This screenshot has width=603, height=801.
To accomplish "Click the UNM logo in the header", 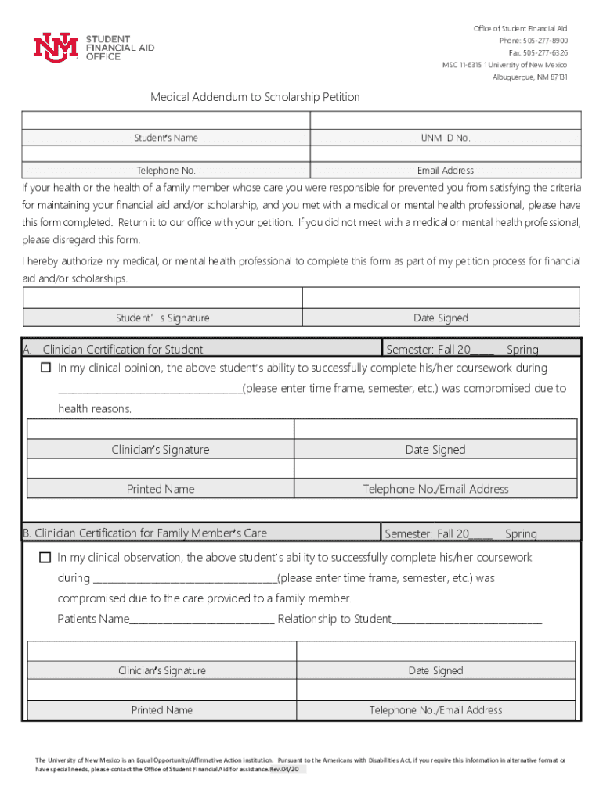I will (56, 47).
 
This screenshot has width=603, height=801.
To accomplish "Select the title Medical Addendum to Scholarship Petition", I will (255, 97).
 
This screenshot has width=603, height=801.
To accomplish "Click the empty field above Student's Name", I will (166, 120).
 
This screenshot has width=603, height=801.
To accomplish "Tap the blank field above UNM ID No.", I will (446, 120).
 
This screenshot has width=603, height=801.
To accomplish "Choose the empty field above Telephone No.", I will (166, 153).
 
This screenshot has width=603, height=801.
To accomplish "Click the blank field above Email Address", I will (446, 153).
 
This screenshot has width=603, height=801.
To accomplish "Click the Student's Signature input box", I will (163, 298).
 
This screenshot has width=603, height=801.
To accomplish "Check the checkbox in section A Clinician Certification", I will (45, 368).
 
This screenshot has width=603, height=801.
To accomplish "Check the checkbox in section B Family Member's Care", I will (45, 558).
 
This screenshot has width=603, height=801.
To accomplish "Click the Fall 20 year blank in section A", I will (482, 350).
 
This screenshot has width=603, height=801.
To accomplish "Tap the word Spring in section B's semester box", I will (521, 534).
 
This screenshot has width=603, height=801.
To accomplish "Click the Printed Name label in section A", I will (161, 489).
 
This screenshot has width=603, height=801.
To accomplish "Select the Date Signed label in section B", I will (435, 670).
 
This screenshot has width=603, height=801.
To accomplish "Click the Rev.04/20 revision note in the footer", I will (287, 769).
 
